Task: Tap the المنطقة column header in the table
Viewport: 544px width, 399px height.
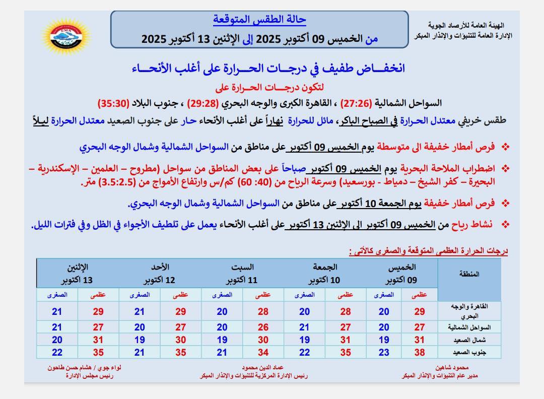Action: point(469,274)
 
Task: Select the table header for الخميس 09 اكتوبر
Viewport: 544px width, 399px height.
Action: point(402,273)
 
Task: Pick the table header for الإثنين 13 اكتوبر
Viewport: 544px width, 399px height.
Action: point(77,273)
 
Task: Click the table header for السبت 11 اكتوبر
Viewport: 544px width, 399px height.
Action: point(242,273)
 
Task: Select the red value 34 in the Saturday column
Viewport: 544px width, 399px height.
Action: point(263,353)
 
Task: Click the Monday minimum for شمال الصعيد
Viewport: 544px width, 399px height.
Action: point(57,340)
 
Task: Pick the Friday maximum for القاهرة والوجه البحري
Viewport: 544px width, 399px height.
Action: point(346,312)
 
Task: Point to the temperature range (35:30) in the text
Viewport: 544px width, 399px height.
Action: point(117,103)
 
